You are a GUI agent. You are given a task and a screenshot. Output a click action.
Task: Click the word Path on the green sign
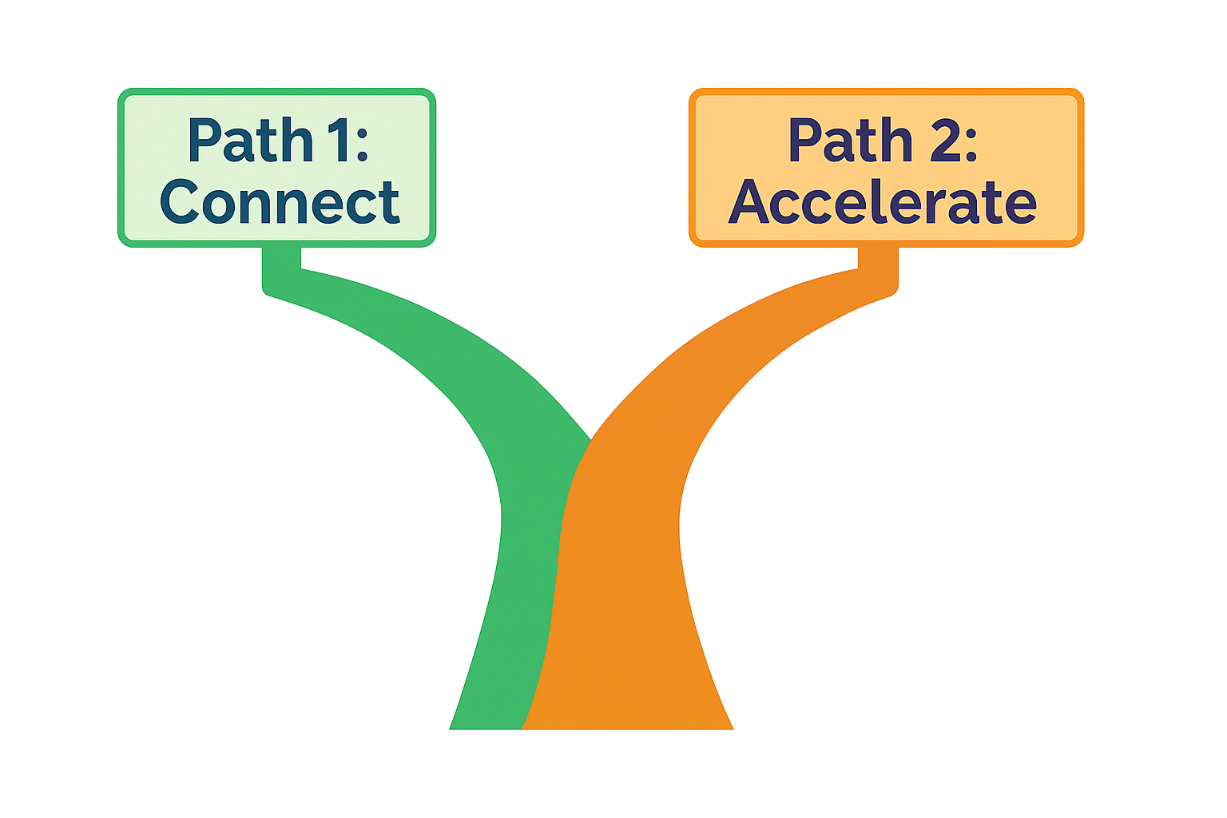tap(250, 141)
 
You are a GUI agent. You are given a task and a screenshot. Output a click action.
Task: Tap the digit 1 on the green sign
tap(335, 141)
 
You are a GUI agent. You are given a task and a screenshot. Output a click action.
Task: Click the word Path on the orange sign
tap(851, 141)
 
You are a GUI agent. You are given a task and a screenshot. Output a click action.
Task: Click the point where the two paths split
tap(590, 441)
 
